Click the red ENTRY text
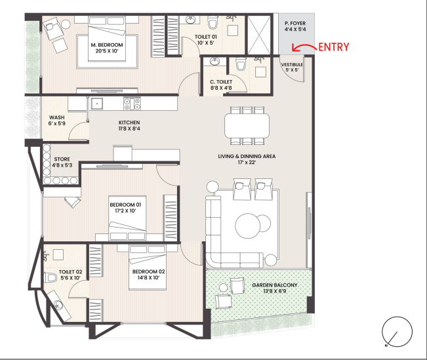click(334, 47)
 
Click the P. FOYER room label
click(295, 24)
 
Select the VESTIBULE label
click(292, 64)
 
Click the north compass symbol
click(397, 332)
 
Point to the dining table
click(247, 125)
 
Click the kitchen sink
click(96, 104)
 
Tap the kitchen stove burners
click(132, 104)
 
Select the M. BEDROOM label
click(107, 45)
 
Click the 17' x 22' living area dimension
click(247, 163)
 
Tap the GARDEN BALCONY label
click(275, 285)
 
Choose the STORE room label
click(62, 159)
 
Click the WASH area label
click(57, 117)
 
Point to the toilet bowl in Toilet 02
click(51, 277)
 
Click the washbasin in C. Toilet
click(215, 61)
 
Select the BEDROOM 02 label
click(148, 271)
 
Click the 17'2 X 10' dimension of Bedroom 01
click(125, 210)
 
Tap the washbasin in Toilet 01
click(191, 20)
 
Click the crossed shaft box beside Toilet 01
click(258, 35)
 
